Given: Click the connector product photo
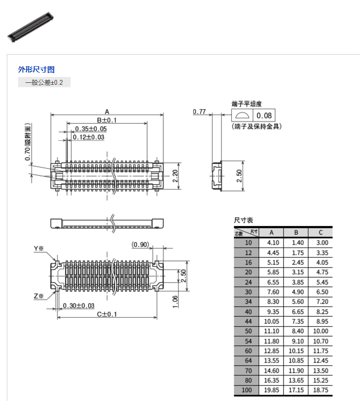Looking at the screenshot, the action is click(x=30, y=27).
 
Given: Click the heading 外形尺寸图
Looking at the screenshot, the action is click(x=36, y=70).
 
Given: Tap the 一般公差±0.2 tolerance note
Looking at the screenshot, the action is click(x=44, y=82).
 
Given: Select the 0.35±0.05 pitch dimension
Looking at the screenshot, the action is click(x=91, y=129).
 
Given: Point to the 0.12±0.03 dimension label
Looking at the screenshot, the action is click(x=89, y=137).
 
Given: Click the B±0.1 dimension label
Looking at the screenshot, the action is click(x=107, y=120).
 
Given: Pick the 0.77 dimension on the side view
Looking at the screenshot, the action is click(x=199, y=112).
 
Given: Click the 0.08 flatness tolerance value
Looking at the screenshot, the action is click(x=264, y=115).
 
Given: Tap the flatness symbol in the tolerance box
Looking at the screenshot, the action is click(x=242, y=115).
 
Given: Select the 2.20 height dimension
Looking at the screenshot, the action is click(x=175, y=176).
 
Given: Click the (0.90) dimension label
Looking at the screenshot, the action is click(x=140, y=245).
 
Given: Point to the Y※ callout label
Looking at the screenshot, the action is click(x=39, y=248).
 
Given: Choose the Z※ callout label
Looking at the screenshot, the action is click(x=39, y=296).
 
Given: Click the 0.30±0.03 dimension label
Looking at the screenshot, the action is click(x=78, y=306).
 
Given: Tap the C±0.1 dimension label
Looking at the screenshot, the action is click(x=107, y=314).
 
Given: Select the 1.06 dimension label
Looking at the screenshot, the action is click(x=175, y=302).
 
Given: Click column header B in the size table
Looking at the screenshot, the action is click(x=296, y=232).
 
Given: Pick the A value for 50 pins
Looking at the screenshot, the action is click(x=271, y=331).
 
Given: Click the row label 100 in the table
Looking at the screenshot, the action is click(x=246, y=390).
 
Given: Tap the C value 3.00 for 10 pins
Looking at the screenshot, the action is click(x=322, y=243).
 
